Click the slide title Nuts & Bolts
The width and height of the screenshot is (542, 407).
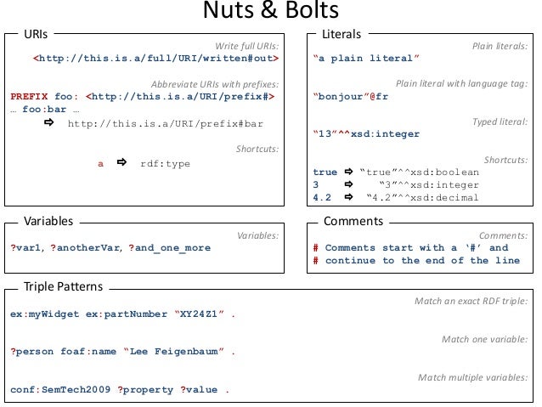pos(271,12)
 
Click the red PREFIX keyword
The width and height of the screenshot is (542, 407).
pos(29,97)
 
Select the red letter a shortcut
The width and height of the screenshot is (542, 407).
pos(101,163)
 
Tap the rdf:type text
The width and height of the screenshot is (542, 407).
pos(166,163)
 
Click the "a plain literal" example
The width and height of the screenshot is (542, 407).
pos(366,59)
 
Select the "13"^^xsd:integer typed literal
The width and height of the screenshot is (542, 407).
pos(366,133)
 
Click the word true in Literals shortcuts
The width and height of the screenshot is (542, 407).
pos(325,172)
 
